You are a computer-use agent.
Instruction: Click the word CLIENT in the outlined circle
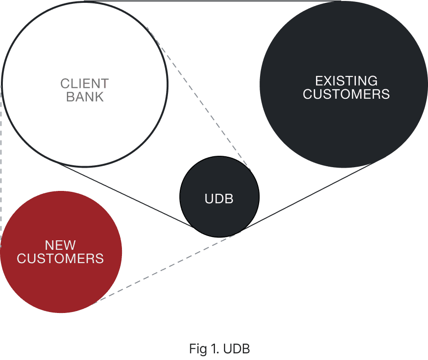[x=84, y=84]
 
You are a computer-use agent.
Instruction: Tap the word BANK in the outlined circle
[x=84, y=97]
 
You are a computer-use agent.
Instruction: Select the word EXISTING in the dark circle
[x=346, y=81]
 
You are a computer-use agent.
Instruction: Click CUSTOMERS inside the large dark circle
[x=346, y=94]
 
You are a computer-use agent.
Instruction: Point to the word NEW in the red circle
[x=60, y=245]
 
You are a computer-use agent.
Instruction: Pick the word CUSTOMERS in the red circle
[x=60, y=258]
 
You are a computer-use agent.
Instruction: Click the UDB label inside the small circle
[x=219, y=199]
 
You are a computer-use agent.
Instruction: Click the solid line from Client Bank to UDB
[x=128, y=195]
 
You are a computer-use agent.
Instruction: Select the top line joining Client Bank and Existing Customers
[x=214, y=1]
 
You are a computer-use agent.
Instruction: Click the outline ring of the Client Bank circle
[x=167, y=85]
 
